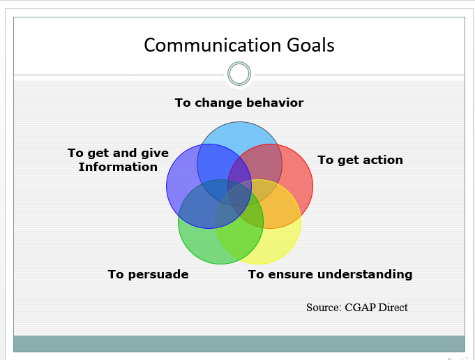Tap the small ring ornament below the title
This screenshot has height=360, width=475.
point(239,73)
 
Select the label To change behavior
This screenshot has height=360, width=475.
point(239,103)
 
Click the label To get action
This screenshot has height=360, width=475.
point(360,160)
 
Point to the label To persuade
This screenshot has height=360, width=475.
point(148,274)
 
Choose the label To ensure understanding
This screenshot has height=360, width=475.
point(330,274)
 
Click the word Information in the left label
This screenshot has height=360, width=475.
point(118,167)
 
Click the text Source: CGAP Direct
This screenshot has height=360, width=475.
point(356,307)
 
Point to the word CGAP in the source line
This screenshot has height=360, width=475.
point(361,307)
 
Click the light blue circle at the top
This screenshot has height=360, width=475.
point(239,136)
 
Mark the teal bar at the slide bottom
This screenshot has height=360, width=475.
point(239,343)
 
